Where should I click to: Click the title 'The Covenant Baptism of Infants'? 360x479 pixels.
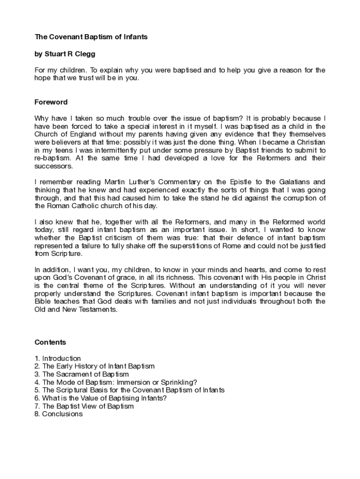(91, 37)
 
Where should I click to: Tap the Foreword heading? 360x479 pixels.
(51, 102)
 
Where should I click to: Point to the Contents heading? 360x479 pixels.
(50, 342)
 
